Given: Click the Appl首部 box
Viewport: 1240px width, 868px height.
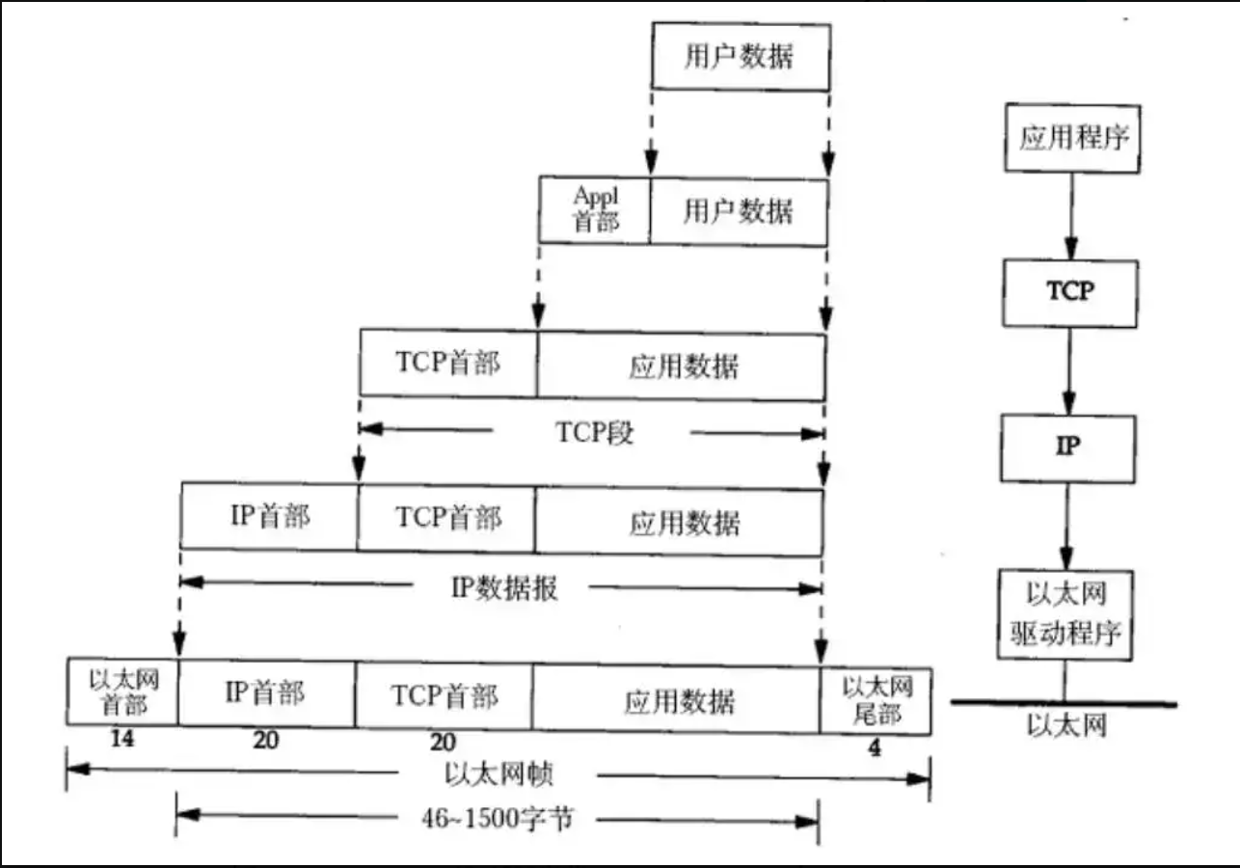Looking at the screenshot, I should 595,209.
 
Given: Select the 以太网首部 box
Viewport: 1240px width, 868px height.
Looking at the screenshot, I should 122,692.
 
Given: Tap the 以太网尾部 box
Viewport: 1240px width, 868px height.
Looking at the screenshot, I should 876,700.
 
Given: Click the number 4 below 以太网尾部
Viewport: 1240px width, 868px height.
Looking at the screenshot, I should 875,746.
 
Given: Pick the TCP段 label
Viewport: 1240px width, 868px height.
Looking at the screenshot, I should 595,433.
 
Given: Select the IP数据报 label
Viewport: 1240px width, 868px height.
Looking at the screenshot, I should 504,587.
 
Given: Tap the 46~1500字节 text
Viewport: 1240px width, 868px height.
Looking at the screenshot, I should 499,820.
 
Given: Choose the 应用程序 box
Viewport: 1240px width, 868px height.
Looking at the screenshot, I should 1072,138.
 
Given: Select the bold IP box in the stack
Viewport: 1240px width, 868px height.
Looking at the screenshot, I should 1068,448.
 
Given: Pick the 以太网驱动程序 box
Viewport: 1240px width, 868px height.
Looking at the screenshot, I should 1065,613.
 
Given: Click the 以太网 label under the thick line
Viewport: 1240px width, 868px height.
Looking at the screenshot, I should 1065,725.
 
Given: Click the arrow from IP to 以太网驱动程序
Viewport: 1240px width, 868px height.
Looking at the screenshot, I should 1067,526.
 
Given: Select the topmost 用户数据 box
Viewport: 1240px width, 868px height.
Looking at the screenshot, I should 741,56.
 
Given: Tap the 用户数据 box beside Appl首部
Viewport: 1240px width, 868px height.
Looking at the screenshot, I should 739,209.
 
